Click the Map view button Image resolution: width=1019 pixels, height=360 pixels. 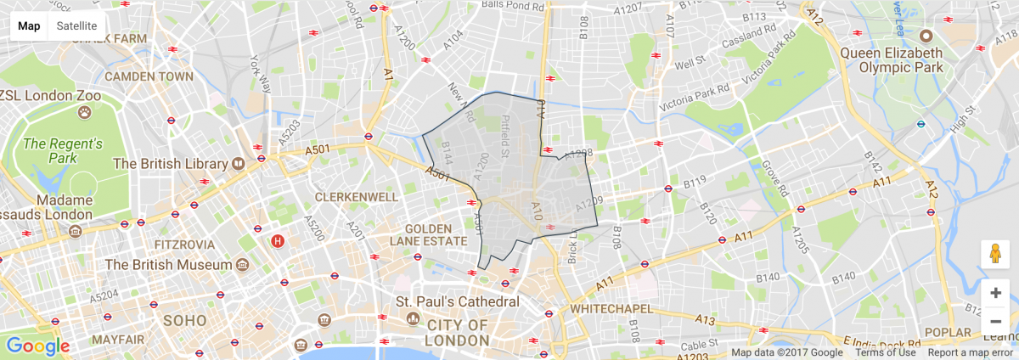(30, 25)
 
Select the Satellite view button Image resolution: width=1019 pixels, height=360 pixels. (76, 25)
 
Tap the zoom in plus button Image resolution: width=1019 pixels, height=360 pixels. (995, 293)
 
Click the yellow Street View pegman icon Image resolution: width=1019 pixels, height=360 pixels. (995, 255)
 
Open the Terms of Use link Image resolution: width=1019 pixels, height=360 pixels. (885, 352)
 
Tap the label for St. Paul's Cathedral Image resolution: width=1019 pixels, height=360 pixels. (458, 302)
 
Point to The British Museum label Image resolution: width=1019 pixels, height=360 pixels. (168, 265)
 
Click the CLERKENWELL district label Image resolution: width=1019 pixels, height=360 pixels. (356, 197)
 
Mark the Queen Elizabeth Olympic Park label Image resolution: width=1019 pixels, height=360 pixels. (891, 59)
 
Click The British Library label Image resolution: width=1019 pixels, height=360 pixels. (170, 163)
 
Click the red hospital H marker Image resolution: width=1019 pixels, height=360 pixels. (277, 241)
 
